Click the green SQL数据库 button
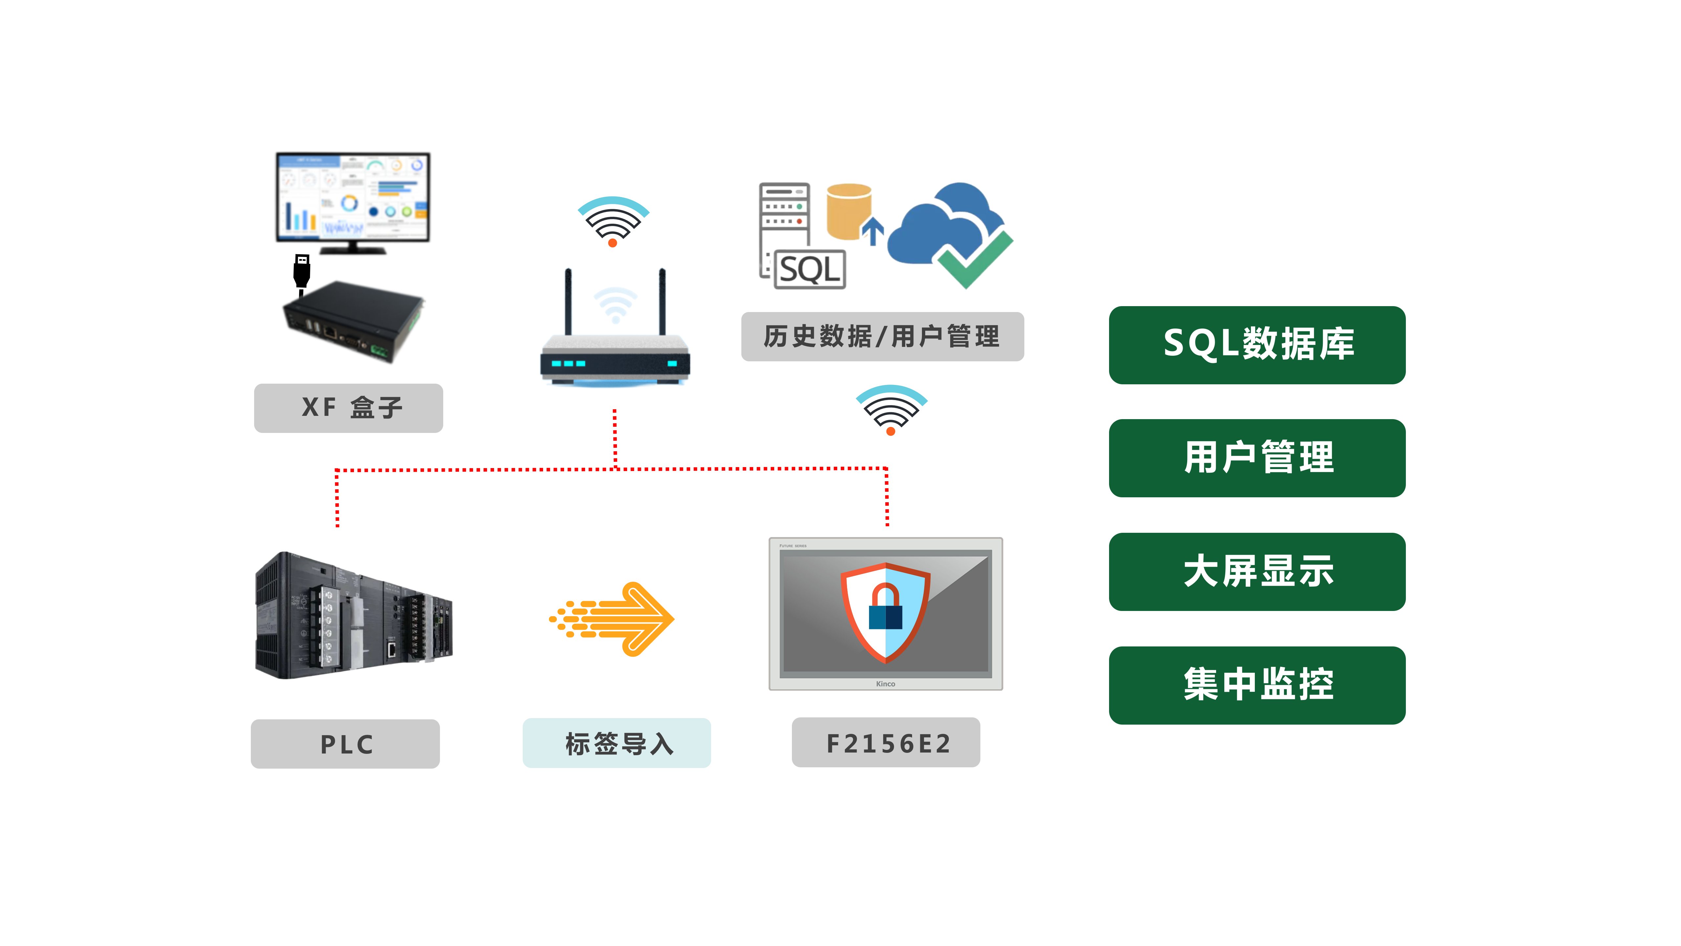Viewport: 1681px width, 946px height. (x=1257, y=345)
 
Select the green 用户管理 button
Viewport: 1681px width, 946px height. (x=1257, y=458)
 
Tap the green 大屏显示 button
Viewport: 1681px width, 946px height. (x=1257, y=571)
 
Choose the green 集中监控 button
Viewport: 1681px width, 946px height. (x=1257, y=685)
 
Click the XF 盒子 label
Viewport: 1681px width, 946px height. (x=348, y=407)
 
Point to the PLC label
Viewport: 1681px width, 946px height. (x=345, y=744)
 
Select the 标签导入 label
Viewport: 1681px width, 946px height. (x=617, y=743)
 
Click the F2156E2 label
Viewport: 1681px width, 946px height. (x=885, y=742)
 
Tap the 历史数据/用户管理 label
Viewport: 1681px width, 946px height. (x=882, y=336)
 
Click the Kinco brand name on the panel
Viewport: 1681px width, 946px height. (x=885, y=684)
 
